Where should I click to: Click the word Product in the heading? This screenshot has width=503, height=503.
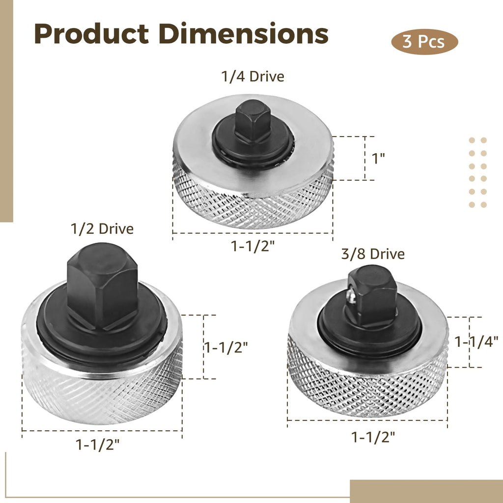(91, 34)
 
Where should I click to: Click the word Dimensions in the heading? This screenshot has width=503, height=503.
(244, 33)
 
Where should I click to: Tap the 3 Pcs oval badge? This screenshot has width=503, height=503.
(424, 42)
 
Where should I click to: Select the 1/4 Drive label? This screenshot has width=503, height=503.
(253, 77)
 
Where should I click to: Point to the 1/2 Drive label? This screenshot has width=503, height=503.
(102, 229)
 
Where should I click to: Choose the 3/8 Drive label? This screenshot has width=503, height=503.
(373, 254)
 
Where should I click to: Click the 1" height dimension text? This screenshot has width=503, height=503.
(378, 159)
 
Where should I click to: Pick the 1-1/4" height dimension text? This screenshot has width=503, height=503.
(476, 342)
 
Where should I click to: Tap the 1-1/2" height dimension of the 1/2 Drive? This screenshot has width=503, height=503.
(226, 347)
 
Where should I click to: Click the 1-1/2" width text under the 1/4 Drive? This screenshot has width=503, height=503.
(253, 246)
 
